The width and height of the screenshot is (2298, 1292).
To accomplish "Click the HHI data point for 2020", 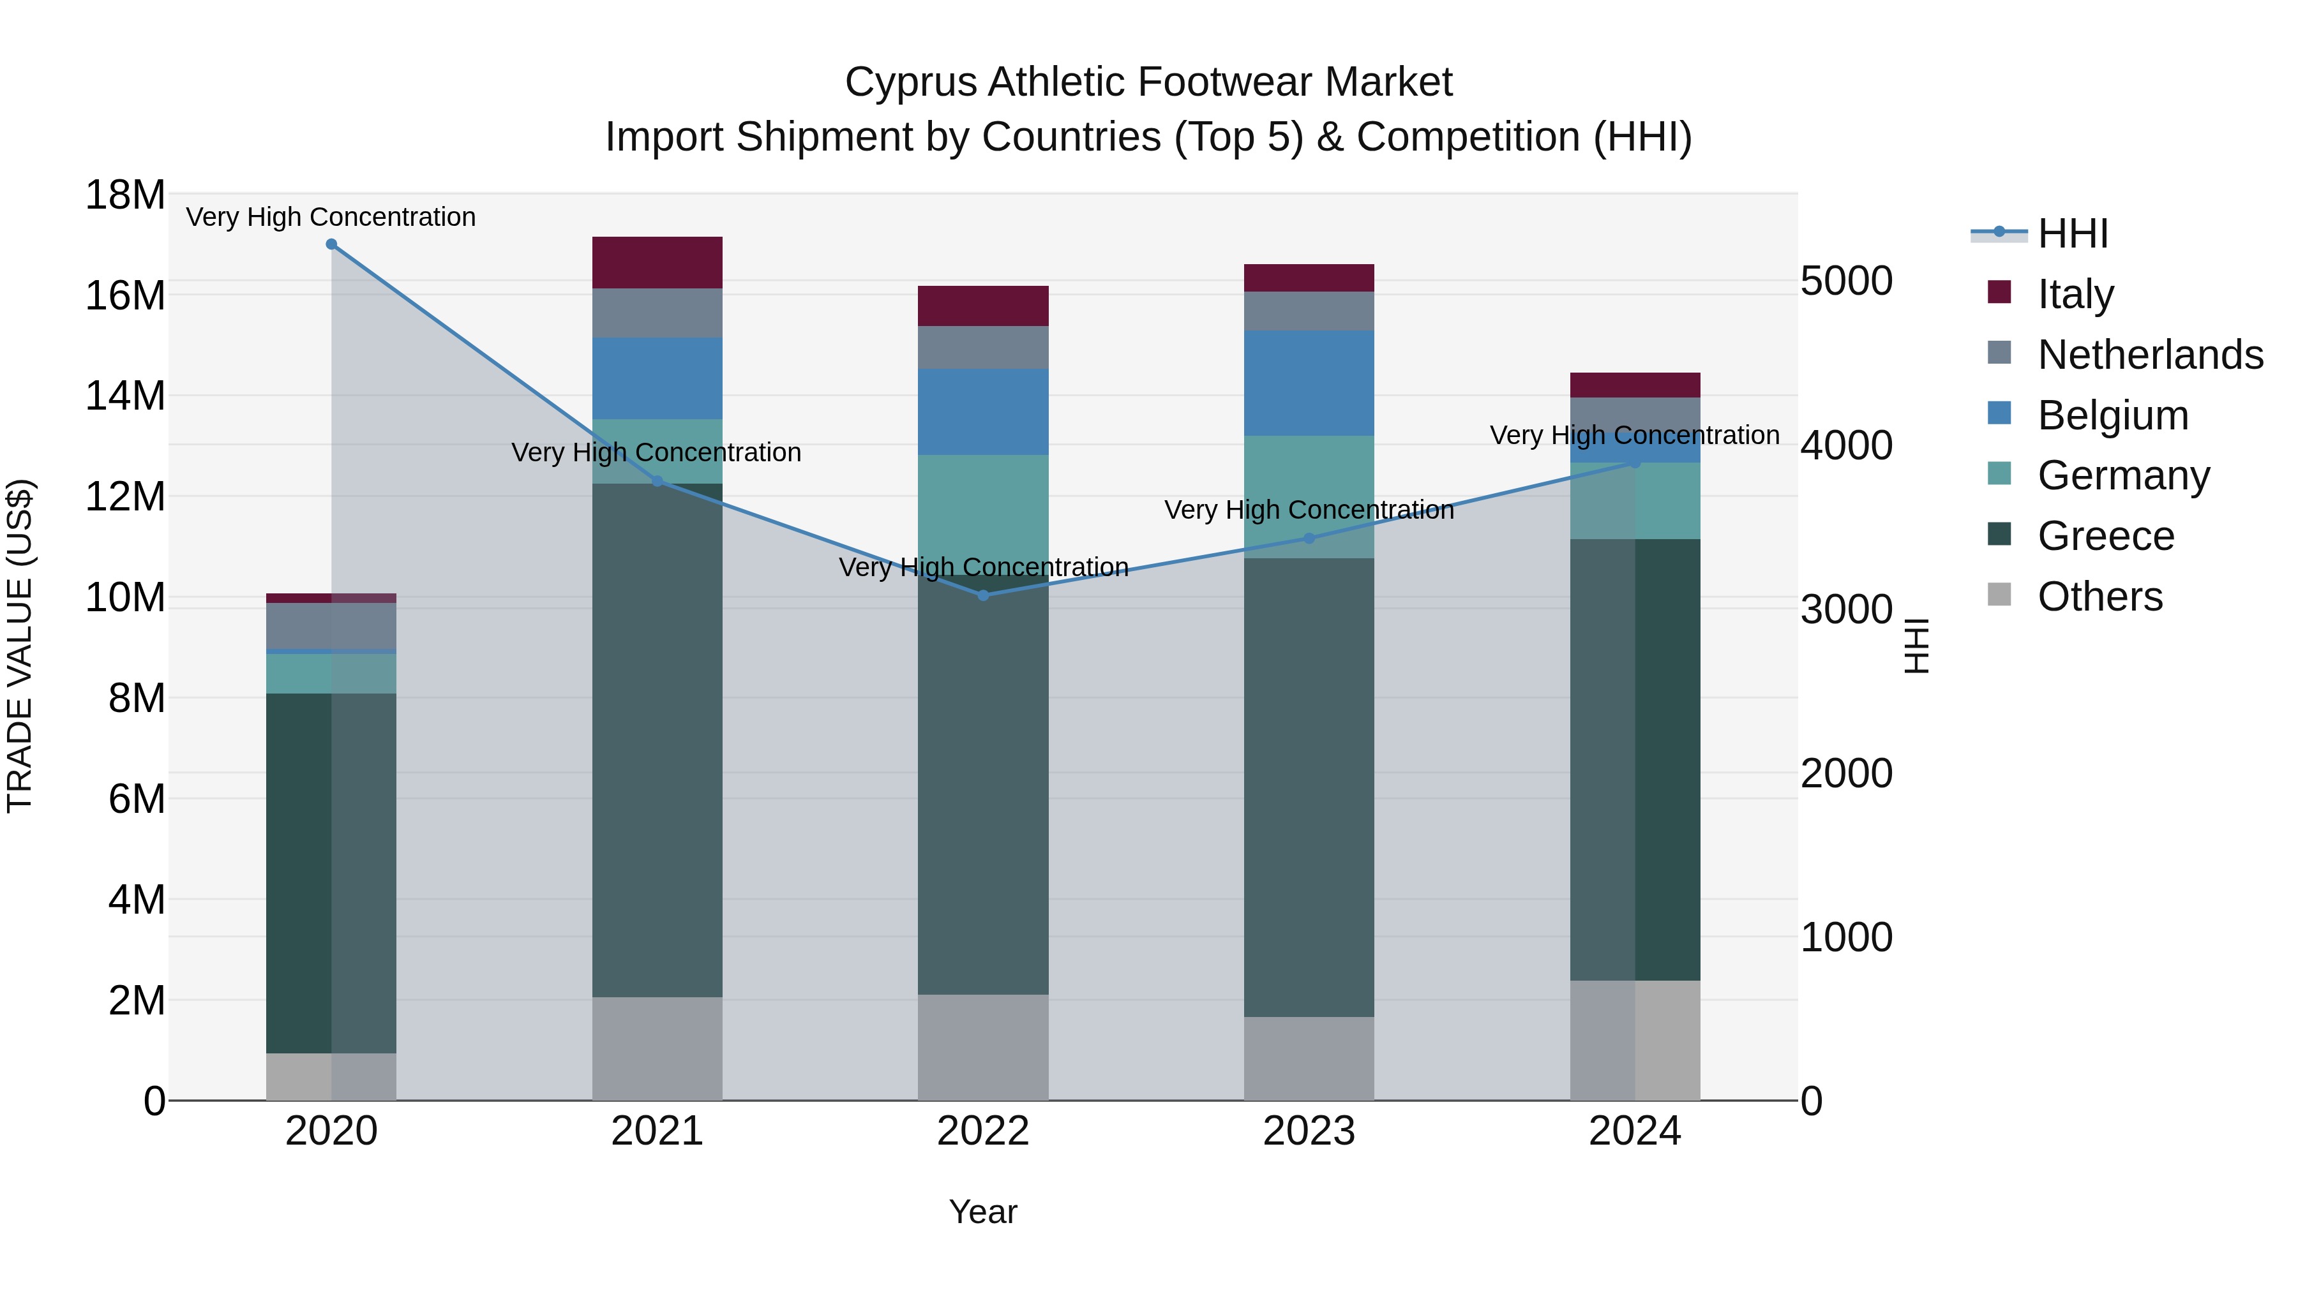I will pyautogui.click(x=331, y=244).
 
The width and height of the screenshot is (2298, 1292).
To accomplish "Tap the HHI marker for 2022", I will pyautogui.click(x=983, y=596).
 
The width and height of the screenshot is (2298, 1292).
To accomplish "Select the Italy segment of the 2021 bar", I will pyautogui.click(x=657, y=262).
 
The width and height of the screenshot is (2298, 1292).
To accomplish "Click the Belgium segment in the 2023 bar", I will pyautogui.click(x=1309, y=383).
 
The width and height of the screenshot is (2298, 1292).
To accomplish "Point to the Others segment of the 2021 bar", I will pyautogui.click(x=657, y=1048).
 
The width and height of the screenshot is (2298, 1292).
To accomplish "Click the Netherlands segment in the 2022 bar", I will pyautogui.click(x=983, y=347).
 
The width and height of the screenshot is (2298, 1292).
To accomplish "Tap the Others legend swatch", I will pyautogui.click(x=2000, y=595).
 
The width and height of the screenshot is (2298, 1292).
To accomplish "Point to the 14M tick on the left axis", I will pyautogui.click(x=125, y=396).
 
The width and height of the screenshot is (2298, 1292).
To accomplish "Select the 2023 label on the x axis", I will pyautogui.click(x=1309, y=1131).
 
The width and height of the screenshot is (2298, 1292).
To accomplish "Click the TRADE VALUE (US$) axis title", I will pyautogui.click(x=20, y=646).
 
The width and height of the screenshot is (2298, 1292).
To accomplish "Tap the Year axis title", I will pyautogui.click(x=983, y=1212).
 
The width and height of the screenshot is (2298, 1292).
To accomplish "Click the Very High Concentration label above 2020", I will pyautogui.click(x=331, y=217).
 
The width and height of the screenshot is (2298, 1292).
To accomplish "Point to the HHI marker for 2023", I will pyautogui.click(x=1309, y=538).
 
